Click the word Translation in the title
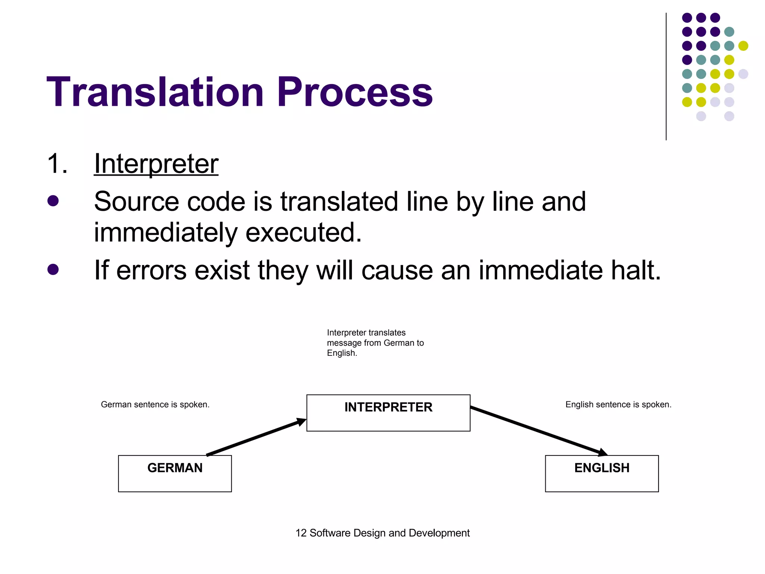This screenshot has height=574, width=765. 155,92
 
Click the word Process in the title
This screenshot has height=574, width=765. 354,92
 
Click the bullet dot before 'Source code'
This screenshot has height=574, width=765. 53,201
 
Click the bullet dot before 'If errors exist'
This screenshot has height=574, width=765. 53,269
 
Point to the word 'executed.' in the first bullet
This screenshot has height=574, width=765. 303,232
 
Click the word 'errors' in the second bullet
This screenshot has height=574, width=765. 151,270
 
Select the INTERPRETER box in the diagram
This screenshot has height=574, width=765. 388,413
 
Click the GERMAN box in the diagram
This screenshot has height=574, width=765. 175,473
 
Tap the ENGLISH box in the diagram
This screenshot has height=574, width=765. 602,473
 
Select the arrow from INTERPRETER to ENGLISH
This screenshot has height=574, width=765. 538,431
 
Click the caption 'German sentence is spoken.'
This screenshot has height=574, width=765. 155,404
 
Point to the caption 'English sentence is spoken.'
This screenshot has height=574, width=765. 618,404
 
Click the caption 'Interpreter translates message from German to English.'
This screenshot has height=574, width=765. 375,343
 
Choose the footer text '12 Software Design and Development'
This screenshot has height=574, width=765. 382,533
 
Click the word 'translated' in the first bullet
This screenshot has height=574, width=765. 339,202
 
